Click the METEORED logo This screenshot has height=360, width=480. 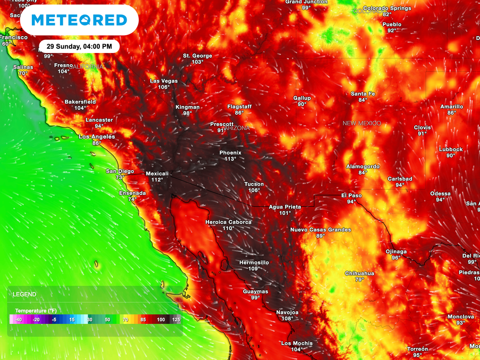pos(79,20)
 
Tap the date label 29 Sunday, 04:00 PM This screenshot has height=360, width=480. pos(79,46)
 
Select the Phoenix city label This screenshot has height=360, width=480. pos(230,153)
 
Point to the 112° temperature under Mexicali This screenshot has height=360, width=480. pos(157,180)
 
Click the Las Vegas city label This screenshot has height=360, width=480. pos(164,81)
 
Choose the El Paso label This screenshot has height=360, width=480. pos(351,195)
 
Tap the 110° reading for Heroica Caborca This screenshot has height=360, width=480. pos(228,228)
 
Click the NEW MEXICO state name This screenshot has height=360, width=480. pos(361,123)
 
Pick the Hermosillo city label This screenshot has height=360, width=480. pos(254,262)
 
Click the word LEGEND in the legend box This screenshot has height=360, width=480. pos(24,294)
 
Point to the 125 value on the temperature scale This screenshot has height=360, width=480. pos(176,319)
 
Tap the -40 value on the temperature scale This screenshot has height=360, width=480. pos(18,319)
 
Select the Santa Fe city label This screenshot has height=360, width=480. pos(363,94)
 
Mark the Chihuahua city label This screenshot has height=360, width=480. pos(360,273)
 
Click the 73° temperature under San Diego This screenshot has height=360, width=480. pos(120,178)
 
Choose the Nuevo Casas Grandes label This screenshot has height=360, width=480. pos(320,230)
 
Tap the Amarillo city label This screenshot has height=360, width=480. pos(451,106)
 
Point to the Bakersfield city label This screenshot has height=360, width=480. pos(80,102)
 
